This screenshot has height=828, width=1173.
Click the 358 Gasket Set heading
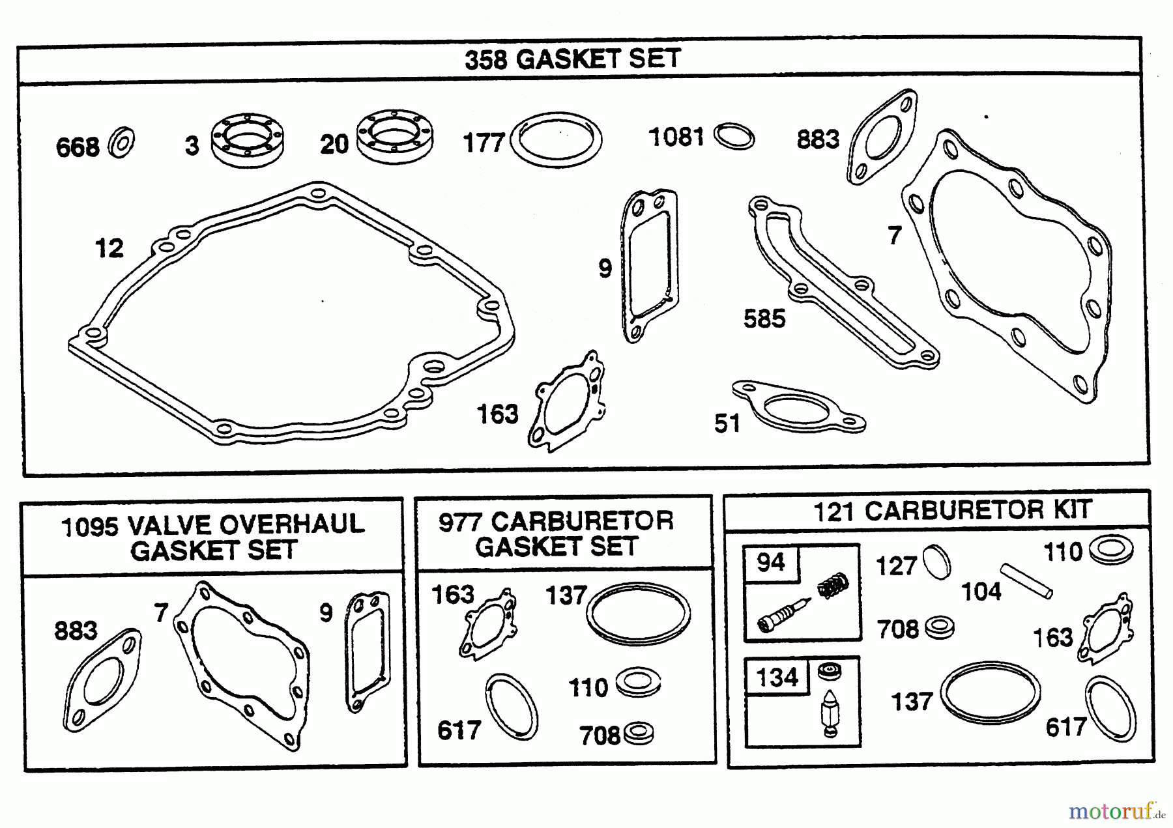572,59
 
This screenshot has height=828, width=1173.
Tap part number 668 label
78,147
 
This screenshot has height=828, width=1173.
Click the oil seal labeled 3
248,140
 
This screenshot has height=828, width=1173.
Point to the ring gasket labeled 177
556,139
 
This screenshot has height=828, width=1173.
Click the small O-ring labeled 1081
734,137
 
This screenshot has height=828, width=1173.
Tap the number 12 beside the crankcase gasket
109,248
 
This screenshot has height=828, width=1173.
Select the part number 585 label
764,319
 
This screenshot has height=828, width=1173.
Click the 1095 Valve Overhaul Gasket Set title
212,537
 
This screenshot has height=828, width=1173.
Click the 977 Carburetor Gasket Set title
556,534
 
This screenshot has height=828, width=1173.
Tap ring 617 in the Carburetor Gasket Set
512,707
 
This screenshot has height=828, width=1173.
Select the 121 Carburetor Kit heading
951,510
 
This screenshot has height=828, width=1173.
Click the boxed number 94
771,562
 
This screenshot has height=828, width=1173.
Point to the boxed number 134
777,678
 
